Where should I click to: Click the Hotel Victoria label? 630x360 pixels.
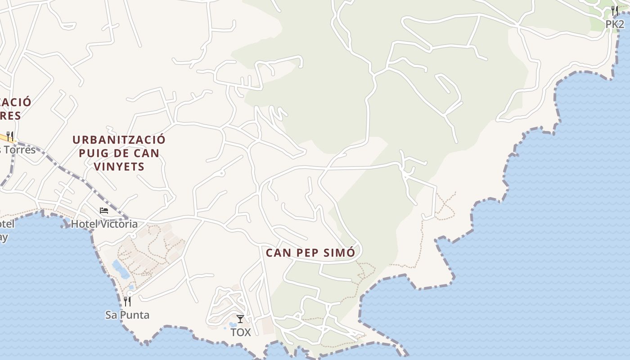pyautogui.click(x=104, y=224)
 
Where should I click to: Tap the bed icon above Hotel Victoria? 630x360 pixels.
pyautogui.click(x=104, y=210)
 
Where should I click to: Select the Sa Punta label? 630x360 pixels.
pyautogui.click(x=127, y=315)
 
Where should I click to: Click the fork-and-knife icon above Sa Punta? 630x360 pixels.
pyautogui.click(x=127, y=301)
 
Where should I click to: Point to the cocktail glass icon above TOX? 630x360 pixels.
pyautogui.click(x=240, y=319)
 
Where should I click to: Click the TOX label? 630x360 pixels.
pyautogui.click(x=240, y=333)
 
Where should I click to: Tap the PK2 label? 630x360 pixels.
pyautogui.click(x=615, y=24)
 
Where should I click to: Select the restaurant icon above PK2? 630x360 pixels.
pyautogui.click(x=615, y=10)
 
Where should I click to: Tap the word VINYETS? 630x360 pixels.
pyautogui.click(x=119, y=167)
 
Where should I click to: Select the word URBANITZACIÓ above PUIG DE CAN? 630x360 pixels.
pyautogui.click(x=119, y=140)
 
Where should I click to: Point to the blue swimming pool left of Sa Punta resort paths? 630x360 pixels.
pyautogui.click(x=121, y=269)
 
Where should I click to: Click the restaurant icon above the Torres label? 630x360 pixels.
pyautogui.click(x=10, y=136)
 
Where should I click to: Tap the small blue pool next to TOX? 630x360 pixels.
pyautogui.click(x=232, y=324)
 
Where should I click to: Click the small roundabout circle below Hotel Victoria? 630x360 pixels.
pyautogui.click(x=133, y=236)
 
